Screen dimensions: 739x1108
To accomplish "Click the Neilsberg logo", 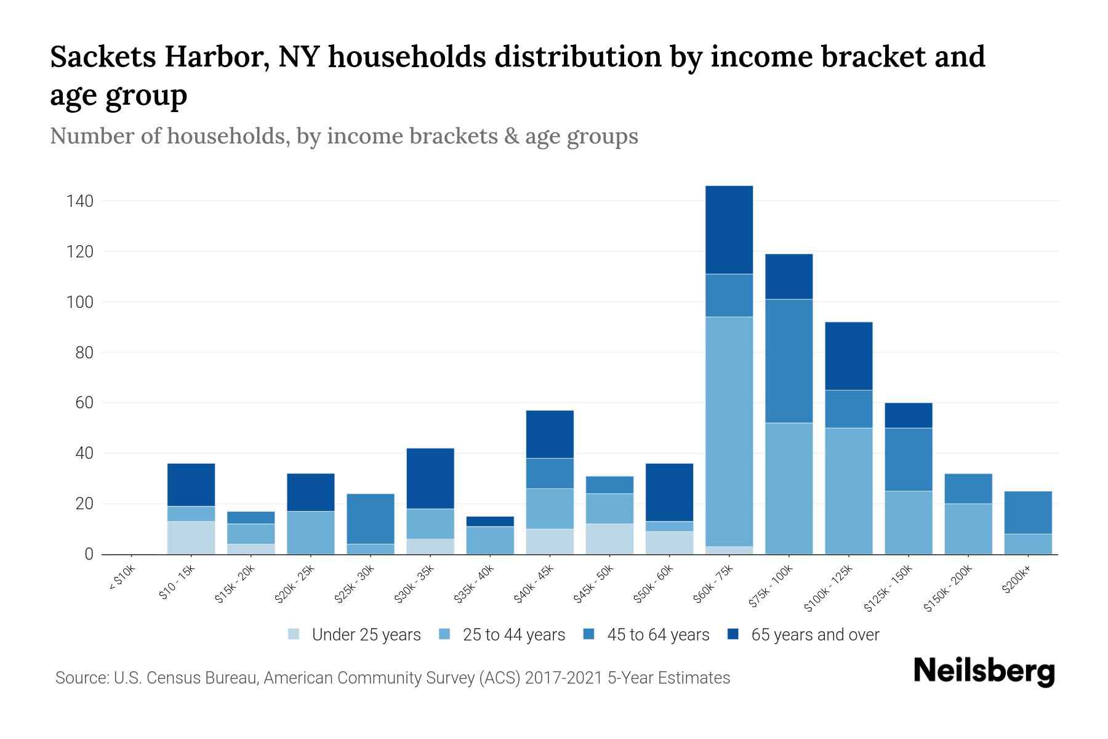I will pyautogui.click(x=984, y=672).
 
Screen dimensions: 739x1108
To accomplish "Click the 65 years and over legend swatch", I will pyautogui.click(x=734, y=634).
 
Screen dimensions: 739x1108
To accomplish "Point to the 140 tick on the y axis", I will pyautogui.click(x=80, y=201).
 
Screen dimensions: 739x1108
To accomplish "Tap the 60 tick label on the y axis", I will pyautogui.click(x=84, y=403).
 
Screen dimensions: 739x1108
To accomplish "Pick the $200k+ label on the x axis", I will pyautogui.click(x=1016, y=579).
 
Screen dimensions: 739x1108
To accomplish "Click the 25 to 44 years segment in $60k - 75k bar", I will pyautogui.click(x=729, y=431).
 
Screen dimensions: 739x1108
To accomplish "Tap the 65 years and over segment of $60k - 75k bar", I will pyautogui.click(x=729, y=230).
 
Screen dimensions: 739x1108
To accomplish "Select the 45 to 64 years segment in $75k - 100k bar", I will pyautogui.click(x=789, y=361).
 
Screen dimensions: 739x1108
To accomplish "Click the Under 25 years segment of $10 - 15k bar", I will pyautogui.click(x=191, y=538).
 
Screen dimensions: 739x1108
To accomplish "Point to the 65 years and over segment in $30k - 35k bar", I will pyautogui.click(x=430, y=479).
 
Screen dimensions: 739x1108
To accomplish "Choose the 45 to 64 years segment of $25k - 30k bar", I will pyautogui.click(x=371, y=519).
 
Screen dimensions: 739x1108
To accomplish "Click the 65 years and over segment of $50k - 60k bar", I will pyautogui.click(x=669, y=492).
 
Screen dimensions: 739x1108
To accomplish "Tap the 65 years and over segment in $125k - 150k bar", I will pyautogui.click(x=909, y=415).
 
